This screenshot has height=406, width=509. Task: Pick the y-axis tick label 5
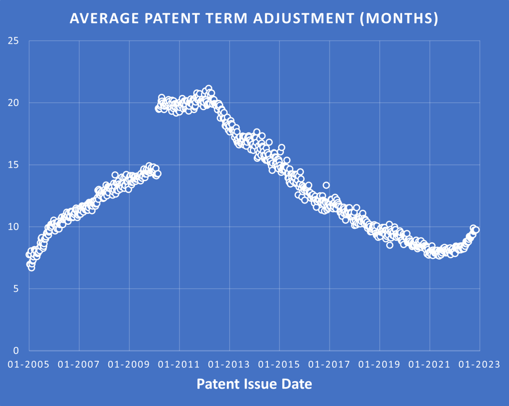16,288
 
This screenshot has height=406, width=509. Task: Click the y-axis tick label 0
16,350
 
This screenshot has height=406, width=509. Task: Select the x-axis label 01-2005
29,364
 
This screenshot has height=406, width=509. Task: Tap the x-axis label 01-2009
129,364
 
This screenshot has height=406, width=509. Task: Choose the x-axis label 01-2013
229,364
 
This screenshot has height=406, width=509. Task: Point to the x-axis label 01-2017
330,364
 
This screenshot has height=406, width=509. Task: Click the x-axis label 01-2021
429,364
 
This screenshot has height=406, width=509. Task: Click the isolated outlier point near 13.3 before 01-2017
326,185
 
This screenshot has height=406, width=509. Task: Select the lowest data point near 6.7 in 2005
31,268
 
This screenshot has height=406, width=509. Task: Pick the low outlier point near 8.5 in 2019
390,245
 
